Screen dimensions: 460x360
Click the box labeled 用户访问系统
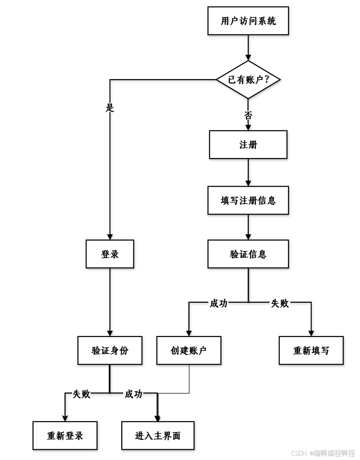(248, 21)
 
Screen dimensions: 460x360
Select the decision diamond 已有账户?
(248, 80)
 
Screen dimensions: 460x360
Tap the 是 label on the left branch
(110, 107)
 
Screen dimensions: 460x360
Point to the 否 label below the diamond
(248, 115)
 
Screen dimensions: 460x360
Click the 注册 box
(248, 145)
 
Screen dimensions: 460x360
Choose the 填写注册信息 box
(248, 200)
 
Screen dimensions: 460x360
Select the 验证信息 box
(248, 254)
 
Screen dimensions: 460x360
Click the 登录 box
(110, 254)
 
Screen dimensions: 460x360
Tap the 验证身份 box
(110, 350)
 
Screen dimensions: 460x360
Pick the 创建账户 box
(189, 350)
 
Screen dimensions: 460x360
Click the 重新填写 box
(311, 350)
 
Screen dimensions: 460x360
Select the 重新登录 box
(65, 435)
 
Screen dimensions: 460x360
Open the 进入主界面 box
(158, 435)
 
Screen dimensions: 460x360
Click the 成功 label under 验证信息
(218, 303)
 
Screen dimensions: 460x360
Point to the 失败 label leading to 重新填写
(280, 303)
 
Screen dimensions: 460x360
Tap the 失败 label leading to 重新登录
(81, 393)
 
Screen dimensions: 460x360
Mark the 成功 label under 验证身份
(134, 393)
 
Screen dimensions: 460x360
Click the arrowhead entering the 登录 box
(110, 236)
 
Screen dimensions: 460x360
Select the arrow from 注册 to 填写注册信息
(248, 172)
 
